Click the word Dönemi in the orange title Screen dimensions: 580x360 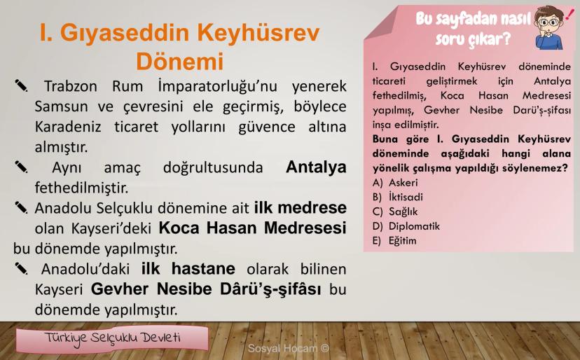pos(180,61)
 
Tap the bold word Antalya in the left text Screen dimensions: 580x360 pos(316,167)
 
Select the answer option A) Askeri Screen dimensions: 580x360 pos(395,182)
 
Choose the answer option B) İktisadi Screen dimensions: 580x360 pos(398,197)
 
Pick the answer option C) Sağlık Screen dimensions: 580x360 pos(395,212)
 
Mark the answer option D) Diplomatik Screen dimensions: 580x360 pos(406,226)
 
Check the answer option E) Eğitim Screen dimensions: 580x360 pos(394,241)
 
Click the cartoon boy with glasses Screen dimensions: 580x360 pos(548,28)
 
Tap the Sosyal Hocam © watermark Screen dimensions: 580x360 pos(288,348)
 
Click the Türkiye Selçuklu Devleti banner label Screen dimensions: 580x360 pos(112,338)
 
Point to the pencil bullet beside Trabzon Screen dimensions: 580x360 pos(21,85)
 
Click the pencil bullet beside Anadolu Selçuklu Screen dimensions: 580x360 pos(21,207)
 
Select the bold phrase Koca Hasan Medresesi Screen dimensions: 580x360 pos(253,228)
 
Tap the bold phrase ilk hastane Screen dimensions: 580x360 pos(188,269)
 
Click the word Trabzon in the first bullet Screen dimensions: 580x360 pos(71,86)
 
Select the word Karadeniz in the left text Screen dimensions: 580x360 pos(68,127)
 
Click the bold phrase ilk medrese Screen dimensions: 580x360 pos(301,207)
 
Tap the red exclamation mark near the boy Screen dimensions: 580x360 pos(568,15)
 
